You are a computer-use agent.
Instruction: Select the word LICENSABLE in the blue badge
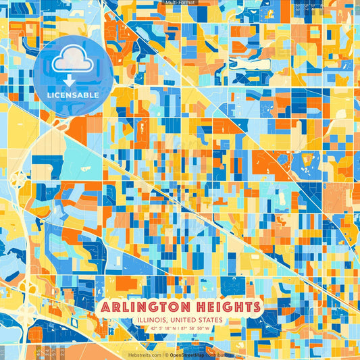pos(73,95)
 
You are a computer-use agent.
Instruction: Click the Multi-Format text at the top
pos(180,3)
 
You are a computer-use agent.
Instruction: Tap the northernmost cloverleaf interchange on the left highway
pos(18,179)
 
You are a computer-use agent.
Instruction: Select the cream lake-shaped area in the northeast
pos(309,160)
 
